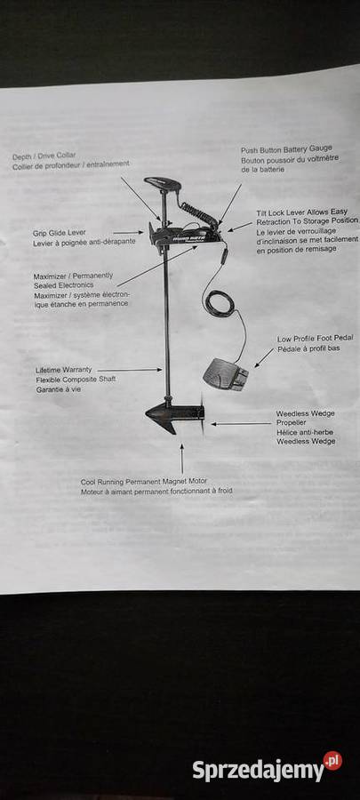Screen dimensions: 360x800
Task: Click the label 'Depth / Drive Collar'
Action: pos(44,155)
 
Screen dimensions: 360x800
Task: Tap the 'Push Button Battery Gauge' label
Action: pos(286,149)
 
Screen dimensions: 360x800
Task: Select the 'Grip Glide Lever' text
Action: pos(60,233)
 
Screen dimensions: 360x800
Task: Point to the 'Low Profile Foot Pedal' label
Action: pos(316,339)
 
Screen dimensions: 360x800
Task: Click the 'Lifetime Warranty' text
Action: pos(64,370)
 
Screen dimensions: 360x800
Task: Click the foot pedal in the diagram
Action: pos(226,374)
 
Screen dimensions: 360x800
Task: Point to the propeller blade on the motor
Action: pos(203,413)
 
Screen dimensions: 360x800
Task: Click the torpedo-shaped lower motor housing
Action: pos(173,413)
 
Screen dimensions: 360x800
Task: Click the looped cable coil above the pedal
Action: pos(219,302)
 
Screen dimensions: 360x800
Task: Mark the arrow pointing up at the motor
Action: pos(181,459)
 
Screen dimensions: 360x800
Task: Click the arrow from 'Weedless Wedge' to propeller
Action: pos(241,423)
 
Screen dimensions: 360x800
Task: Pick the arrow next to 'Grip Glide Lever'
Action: pos(128,233)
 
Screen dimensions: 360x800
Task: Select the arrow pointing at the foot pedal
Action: pos(264,357)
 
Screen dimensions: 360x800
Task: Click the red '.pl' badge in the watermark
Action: pos(332,761)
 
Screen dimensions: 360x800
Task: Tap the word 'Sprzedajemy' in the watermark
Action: pos(258,771)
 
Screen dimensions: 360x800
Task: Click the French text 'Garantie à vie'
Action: pos(58,389)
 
